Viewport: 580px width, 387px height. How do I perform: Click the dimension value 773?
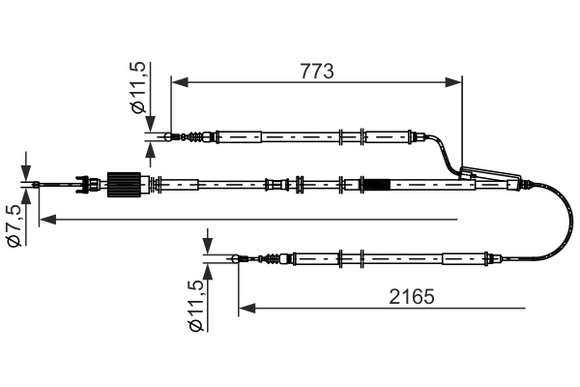pos(316,72)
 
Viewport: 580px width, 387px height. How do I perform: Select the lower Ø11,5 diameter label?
pos(196,309)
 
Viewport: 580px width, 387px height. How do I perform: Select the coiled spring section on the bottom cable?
pos(266,258)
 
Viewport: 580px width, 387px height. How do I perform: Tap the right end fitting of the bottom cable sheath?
pos(492,258)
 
